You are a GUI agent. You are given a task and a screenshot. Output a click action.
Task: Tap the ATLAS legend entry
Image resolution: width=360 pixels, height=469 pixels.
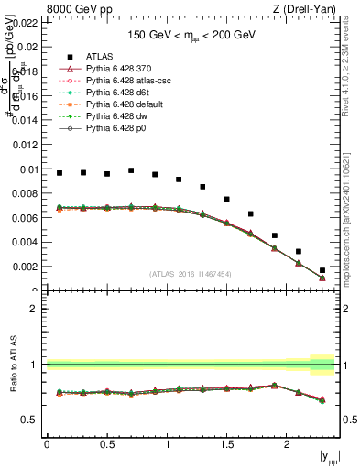pyautogui.click(x=101, y=56)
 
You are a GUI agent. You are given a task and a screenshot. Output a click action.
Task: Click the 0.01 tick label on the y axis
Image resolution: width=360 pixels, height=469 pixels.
pyautogui.click(x=27, y=169)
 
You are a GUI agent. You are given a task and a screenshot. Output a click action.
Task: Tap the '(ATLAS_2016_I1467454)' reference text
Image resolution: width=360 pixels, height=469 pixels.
pyautogui.click(x=191, y=274)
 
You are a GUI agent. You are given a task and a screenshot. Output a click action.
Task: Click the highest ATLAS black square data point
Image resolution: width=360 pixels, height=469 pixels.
pyautogui.click(x=131, y=170)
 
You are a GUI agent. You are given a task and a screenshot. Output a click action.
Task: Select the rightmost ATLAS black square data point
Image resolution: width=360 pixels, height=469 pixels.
pyautogui.click(x=322, y=270)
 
